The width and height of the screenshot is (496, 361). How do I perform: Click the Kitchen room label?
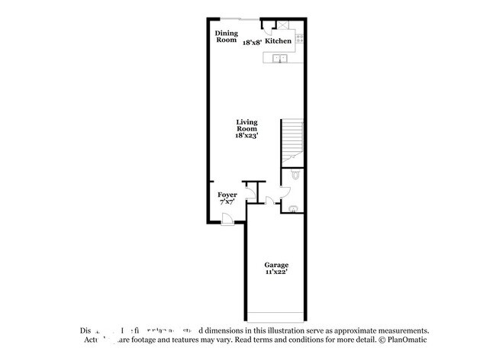(278, 41)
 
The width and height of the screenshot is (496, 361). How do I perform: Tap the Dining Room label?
(227, 36)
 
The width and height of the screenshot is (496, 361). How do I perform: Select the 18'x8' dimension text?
(253, 44)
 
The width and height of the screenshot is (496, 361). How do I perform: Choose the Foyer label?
(227, 195)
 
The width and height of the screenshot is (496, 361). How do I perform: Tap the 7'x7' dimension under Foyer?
(227, 203)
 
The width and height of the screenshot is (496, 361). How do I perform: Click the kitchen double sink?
(279, 57)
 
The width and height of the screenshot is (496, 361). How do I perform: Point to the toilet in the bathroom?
(298, 177)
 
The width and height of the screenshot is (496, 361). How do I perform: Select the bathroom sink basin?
(295, 208)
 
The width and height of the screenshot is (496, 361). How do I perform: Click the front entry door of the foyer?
(227, 220)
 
